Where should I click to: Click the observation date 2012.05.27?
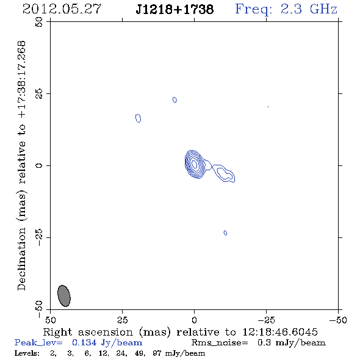tap(62, 9)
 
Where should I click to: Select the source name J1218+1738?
tap(175, 9)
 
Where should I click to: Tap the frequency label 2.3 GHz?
tap(309, 9)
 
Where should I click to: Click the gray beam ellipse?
tap(64, 296)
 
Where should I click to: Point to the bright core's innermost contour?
tap(194, 164)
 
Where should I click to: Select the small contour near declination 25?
tap(175, 99)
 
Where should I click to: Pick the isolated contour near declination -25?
tap(225, 233)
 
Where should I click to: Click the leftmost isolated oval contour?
tap(138, 118)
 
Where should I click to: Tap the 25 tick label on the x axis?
tap(123, 320)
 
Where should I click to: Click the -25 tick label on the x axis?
tap(266, 320)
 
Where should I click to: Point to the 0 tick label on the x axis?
tap(194, 320)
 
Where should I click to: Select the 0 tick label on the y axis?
tap(39, 165)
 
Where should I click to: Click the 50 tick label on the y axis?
tap(39, 22)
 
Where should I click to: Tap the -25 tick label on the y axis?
tap(39, 237)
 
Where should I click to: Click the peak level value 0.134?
tap(84, 342)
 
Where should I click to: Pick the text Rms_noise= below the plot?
tap(220, 343)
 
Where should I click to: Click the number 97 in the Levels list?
tap(157, 353)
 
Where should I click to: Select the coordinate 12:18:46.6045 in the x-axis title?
tap(280, 332)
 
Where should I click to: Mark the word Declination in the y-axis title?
tap(21, 259)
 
